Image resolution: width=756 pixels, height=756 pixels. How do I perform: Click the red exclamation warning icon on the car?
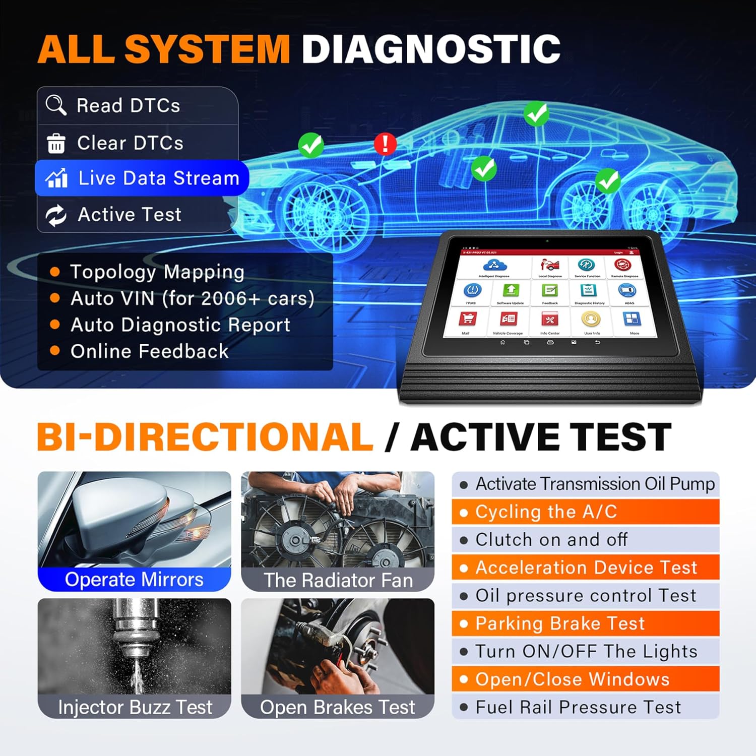[x=385, y=144]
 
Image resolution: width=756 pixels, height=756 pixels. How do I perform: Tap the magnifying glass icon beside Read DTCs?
[x=55, y=105]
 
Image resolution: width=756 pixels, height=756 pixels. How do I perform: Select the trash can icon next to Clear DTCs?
[x=56, y=143]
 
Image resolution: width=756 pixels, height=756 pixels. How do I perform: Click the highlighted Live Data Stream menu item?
[x=142, y=178]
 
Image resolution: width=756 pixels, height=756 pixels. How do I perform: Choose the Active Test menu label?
[x=129, y=215]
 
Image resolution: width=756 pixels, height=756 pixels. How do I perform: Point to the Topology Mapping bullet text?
[x=157, y=272]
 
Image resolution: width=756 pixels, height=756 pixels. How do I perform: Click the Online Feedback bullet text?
[x=149, y=351]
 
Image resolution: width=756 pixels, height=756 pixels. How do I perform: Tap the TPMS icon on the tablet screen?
[x=472, y=291]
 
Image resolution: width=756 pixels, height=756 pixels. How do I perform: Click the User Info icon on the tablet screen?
[x=591, y=319]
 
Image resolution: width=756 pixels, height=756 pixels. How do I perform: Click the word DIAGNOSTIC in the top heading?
[x=431, y=49]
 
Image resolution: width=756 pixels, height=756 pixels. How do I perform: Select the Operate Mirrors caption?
[x=134, y=580]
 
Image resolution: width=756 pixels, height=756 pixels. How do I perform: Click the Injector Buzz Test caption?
[x=135, y=707]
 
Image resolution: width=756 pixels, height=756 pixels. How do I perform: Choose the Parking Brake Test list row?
[x=585, y=623]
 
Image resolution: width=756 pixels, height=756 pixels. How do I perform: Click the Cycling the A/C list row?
[x=585, y=512]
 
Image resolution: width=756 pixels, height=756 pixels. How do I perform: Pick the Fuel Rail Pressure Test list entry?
[x=585, y=707]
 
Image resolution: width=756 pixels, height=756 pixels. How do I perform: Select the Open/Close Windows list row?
[x=585, y=679]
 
